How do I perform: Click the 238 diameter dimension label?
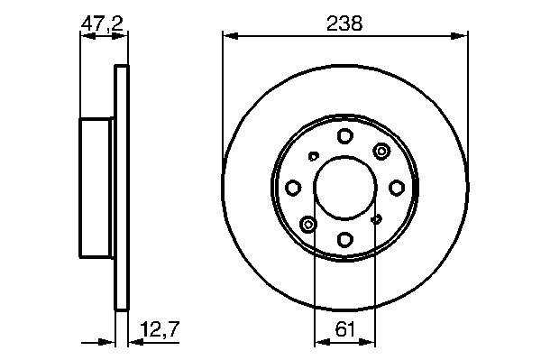click(344, 23)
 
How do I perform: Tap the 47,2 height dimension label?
click(102, 23)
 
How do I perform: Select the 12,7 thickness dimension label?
click(160, 329)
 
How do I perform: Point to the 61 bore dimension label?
click(345, 329)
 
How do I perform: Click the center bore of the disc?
click(345, 188)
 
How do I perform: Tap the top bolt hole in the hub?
click(344, 135)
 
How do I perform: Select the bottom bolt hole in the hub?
click(345, 239)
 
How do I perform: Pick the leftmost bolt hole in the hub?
click(293, 188)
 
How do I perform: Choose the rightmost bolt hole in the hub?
click(397, 188)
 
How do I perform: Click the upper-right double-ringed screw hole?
click(381, 152)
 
